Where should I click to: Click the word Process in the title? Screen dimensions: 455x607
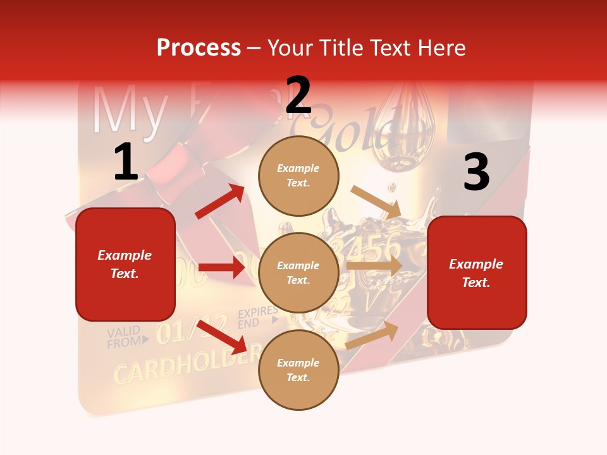coord(199,48)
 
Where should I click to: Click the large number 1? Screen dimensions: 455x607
coord(126,162)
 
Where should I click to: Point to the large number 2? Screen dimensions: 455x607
coord(298,96)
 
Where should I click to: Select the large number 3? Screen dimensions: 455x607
coord(476,173)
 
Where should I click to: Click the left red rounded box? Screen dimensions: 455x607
coord(125,264)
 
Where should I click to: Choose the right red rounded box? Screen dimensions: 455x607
coord(477,272)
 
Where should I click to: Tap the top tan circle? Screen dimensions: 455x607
coord(298,176)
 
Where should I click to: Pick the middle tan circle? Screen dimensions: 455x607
coord(298,272)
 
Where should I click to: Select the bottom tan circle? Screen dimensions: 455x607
coord(298,370)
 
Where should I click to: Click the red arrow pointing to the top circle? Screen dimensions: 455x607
coord(220,202)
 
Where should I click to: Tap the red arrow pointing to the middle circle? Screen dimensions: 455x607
coord(221,267)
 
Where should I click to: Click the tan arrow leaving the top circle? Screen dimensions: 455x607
coord(376,202)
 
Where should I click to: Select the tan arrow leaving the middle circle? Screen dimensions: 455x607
coord(374,265)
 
